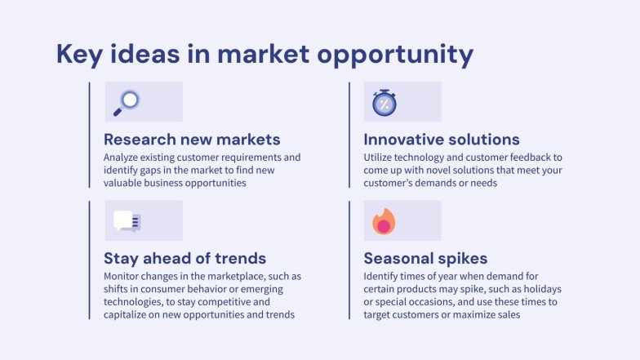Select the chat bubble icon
pyautogui.click(x=127, y=221)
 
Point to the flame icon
pyautogui.click(x=384, y=221)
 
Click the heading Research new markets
pyautogui.click(x=192, y=139)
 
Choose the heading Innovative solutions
pyautogui.click(x=442, y=139)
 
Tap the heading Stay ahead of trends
pyautogui.click(x=184, y=258)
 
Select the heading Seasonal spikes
pyautogui.click(x=425, y=258)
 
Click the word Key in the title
pyautogui.click(x=80, y=54)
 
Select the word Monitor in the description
pyautogui.click(x=123, y=277)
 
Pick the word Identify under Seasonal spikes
pyautogui.click(x=383, y=277)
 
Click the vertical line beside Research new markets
pyautogui.click(x=89, y=135)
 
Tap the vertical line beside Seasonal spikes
pyautogui.click(x=349, y=260)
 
